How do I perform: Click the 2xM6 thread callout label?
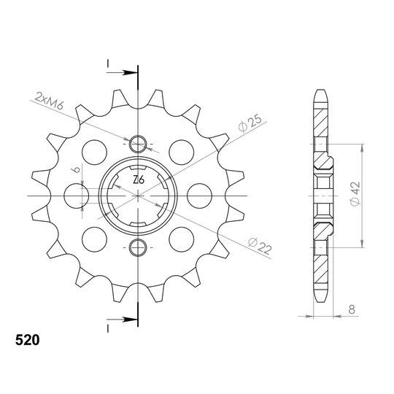50,101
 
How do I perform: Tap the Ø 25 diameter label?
250,123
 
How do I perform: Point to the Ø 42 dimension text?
355,194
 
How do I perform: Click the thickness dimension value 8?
352,309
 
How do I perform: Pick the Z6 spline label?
139,180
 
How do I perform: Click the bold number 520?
28,340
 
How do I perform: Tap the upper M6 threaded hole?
138,144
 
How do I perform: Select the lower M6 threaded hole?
138,247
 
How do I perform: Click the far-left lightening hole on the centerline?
77,196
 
